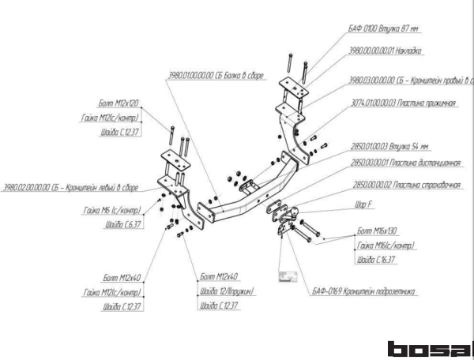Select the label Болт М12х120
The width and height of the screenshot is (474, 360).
click(x=118, y=103)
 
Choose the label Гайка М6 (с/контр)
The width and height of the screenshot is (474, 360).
click(x=110, y=211)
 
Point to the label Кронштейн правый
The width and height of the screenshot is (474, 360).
click(x=411, y=81)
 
